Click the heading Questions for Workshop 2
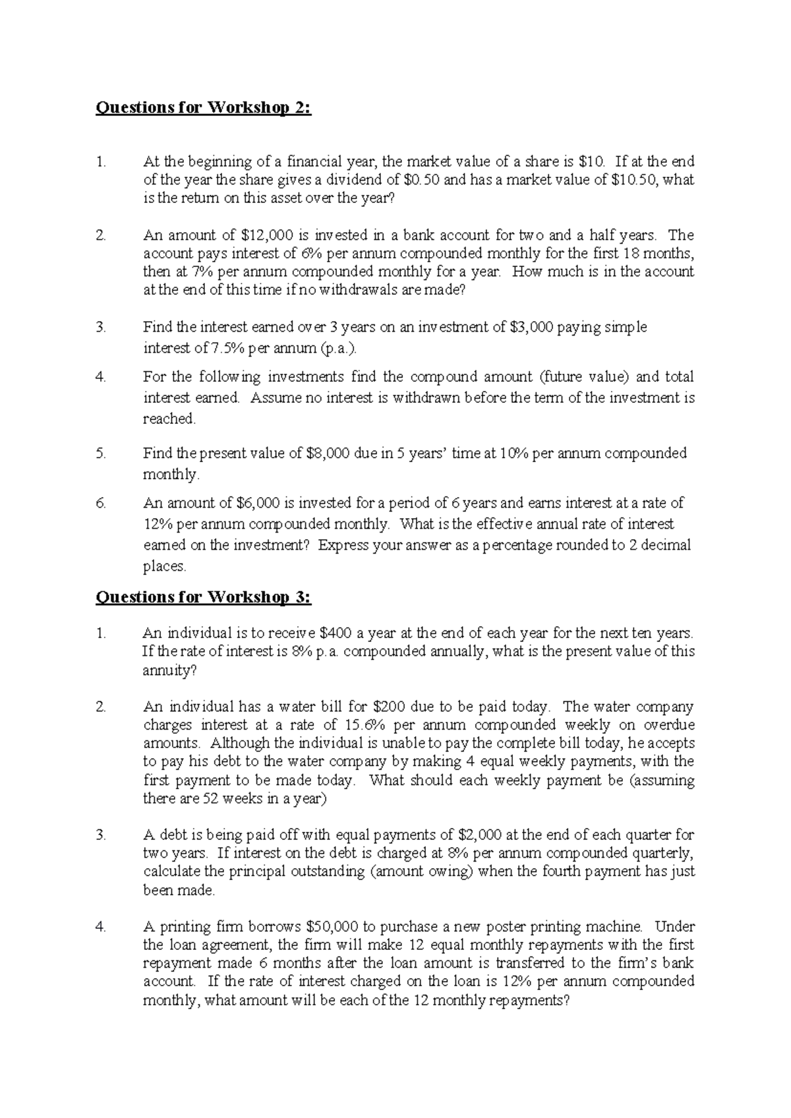coord(203,108)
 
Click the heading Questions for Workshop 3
coord(203,597)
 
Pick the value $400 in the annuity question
coord(336,633)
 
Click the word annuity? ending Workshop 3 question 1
coord(169,671)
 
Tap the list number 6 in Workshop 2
coord(100,503)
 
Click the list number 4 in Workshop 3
coord(100,927)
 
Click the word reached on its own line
coord(169,419)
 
